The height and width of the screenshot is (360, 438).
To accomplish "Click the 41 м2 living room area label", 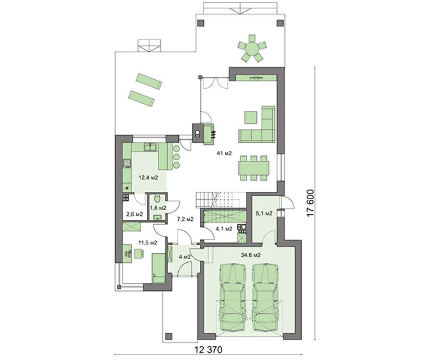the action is (x=224, y=153).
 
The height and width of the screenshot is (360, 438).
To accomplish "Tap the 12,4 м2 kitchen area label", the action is (x=148, y=177).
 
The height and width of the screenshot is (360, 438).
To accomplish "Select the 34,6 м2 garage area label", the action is (x=251, y=255).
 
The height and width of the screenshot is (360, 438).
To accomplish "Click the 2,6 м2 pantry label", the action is (x=134, y=215).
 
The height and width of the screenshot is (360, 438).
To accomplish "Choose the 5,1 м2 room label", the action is (x=264, y=214).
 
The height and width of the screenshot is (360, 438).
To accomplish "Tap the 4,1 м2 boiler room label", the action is (x=224, y=229).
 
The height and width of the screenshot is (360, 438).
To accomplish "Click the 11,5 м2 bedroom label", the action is (x=148, y=243).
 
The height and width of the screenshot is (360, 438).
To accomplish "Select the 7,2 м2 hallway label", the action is (x=186, y=219).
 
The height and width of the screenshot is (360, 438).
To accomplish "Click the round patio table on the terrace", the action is (x=252, y=48).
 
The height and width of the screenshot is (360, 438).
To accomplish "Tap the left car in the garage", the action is (x=233, y=298).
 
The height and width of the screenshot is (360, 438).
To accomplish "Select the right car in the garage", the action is (x=265, y=298).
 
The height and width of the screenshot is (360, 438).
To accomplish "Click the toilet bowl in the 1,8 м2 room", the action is (x=157, y=198).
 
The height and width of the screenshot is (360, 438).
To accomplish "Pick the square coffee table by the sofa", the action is (x=251, y=117).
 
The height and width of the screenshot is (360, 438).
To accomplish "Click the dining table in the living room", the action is (x=254, y=168).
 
